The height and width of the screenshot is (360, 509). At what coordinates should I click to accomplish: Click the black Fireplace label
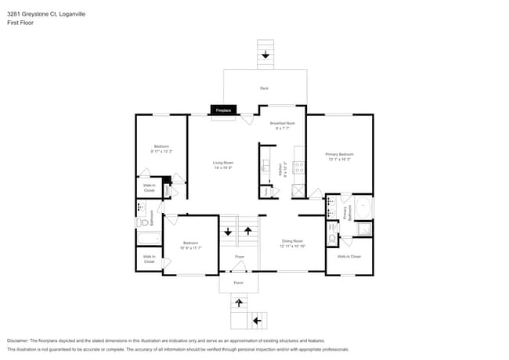(223, 111)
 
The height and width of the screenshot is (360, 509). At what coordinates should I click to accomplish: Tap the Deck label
(264, 88)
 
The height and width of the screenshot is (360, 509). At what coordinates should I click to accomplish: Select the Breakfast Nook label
(282, 124)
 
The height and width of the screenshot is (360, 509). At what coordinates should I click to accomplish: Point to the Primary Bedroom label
(339, 154)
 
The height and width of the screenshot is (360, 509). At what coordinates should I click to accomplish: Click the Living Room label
(223, 163)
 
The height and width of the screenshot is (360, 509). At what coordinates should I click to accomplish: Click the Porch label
(238, 282)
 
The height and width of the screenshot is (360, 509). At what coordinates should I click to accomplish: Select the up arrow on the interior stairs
(248, 231)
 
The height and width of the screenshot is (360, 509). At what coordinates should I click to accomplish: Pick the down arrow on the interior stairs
(228, 232)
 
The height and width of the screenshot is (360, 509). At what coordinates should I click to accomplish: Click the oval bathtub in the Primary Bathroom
(363, 208)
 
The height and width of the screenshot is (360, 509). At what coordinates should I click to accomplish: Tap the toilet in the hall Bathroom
(143, 223)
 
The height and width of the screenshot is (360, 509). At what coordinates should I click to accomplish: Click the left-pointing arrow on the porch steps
(257, 321)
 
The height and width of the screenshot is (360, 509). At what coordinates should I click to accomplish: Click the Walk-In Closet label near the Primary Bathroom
(349, 257)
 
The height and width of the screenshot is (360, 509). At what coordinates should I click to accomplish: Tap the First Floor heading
(20, 23)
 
